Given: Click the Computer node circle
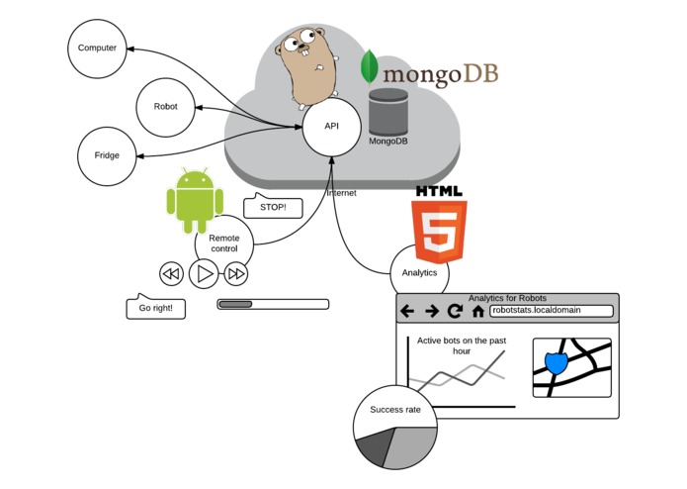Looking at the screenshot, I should click(97, 48).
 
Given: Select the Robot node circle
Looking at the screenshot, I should click(165, 106).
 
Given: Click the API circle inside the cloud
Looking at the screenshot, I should click(331, 127).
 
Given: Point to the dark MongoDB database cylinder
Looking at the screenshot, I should click(387, 112).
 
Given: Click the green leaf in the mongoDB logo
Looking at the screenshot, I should click(369, 65).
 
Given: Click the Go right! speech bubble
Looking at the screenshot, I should click(155, 308).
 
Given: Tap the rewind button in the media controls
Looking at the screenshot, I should click(171, 273).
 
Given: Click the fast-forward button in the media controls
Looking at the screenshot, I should click(236, 273).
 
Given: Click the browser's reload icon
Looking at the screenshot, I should click(455, 311).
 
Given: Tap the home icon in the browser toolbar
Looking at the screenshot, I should click(478, 311).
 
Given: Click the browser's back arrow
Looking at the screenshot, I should click(407, 311).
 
